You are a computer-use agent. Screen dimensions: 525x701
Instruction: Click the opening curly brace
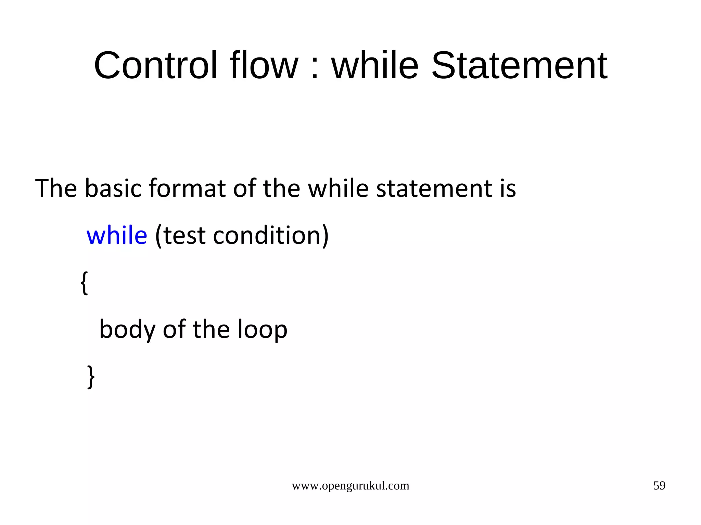[x=84, y=283]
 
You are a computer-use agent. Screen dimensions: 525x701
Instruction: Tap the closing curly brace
[x=91, y=377]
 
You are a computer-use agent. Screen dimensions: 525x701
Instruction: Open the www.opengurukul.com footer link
[x=350, y=486]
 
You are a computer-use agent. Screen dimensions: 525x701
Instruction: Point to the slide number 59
[x=659, y=486]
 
